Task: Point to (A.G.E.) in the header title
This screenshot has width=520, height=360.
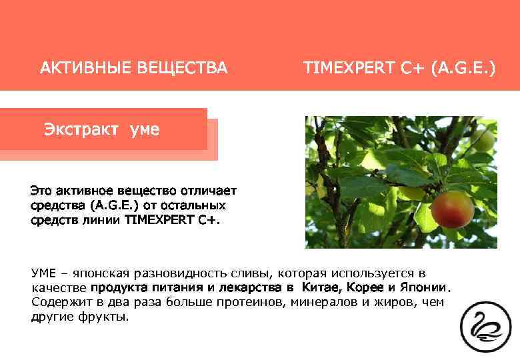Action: (463, 68)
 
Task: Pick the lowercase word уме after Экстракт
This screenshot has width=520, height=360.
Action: (145, 129)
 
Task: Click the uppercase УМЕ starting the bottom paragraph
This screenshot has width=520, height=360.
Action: (43, 273)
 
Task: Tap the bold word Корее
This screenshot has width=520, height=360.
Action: (368, 288)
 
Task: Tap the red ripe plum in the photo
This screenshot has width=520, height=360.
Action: (452, 209)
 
